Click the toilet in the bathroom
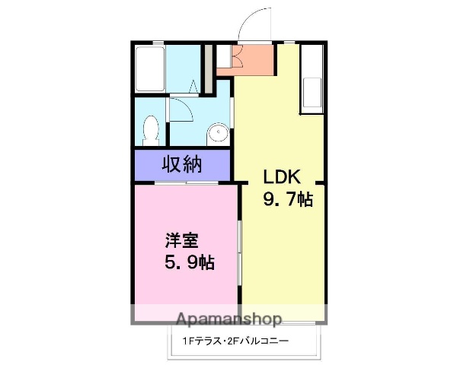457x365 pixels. click(x=150, y=129)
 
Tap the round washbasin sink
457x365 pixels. click(x=219, y=134)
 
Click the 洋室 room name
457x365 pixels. click(x=182, y=242)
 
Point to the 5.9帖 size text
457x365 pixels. click(x=189, y=263)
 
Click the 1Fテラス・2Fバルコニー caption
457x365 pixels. click(x=235, y=341)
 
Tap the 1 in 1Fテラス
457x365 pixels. click(x=184, y=341)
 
